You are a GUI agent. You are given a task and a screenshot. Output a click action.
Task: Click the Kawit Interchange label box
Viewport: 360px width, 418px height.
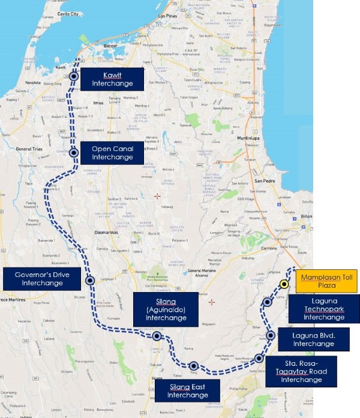tap(113, 78)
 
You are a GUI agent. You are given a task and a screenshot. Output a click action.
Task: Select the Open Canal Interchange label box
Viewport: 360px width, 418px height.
tap(113, 153)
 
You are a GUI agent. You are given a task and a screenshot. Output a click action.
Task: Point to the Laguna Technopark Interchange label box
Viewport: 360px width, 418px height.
tap(324, 308)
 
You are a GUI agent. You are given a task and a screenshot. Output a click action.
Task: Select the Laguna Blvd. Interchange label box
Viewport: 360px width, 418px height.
tap(313, 339)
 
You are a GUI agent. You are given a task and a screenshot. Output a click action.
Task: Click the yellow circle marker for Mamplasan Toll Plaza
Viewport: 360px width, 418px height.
tap(284, 284)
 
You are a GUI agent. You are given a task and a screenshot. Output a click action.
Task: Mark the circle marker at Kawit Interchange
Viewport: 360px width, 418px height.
tap(74, 77)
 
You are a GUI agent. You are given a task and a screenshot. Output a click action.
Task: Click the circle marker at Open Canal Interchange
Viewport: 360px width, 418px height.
tap(74, 153)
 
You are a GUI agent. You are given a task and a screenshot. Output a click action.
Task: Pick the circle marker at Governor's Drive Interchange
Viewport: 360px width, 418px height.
tap(89, 280)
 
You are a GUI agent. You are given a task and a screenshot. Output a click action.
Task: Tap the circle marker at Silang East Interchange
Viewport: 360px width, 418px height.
tap(193, 365)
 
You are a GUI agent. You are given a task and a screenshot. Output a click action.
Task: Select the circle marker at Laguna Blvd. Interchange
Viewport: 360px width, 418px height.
tap(271, 336)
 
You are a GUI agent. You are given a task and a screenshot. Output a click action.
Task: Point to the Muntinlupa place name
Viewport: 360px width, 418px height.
tap(263, 137)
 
